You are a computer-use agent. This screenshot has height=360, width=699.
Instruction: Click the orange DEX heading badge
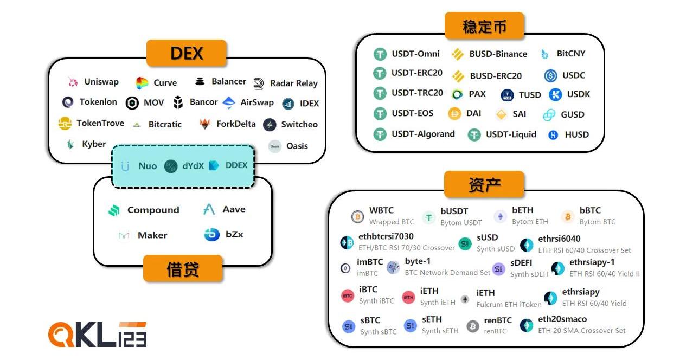(x=186, y=53)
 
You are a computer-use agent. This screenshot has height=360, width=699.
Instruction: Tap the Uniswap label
(x=101, y=82)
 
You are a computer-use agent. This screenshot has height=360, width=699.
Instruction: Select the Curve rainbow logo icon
(x=142, y=83)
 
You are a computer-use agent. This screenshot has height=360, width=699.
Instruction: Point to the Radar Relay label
(x=293, y=83)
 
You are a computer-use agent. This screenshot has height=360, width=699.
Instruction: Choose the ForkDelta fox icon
(x=205, y=124)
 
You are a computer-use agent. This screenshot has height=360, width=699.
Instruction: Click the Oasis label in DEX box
(x=297, y=146)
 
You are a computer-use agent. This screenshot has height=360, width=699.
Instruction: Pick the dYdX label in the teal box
(x=193, y=166)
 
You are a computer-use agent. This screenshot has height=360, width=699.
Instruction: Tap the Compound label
(x=153, y=210)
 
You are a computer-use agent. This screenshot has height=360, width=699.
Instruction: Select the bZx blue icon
(x=211, y=235)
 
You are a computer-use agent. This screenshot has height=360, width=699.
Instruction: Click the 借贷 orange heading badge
(x=183, y=268)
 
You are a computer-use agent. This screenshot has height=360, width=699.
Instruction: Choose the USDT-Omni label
(x=415, y=54)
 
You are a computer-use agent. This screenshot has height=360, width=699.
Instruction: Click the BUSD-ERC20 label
(x=496, y=76)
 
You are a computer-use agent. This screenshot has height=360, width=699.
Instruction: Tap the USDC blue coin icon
(x=550, y=76)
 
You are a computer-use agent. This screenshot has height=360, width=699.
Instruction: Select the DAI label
(x=473, y=114)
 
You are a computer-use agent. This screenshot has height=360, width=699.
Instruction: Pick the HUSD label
(x=576, y=134)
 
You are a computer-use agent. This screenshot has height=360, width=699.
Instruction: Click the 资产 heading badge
(x=484, y=184)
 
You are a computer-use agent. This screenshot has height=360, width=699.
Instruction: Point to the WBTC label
(x=381, y=210)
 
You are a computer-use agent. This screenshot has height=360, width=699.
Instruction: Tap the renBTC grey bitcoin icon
(x=473, y=326)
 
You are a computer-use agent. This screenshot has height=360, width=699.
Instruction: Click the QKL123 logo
(x=98, y=335)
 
